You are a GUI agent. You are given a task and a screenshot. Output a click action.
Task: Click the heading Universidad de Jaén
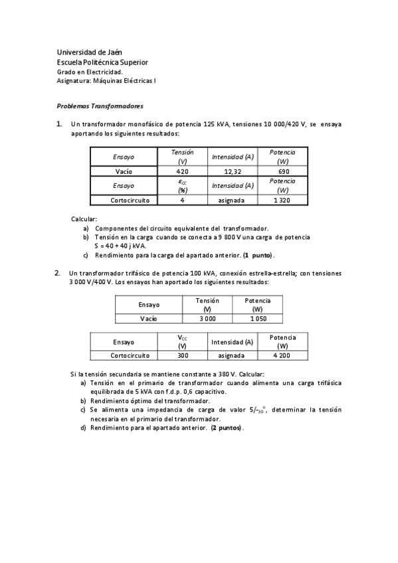coord(90,52)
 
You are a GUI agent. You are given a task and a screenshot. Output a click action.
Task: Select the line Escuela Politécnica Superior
coord(102,62)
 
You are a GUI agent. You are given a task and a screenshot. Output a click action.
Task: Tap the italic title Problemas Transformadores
coord(100,106)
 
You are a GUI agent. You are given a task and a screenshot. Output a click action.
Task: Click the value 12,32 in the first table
coord(232,171)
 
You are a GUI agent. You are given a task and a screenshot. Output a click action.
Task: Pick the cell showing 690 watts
coord(283,171)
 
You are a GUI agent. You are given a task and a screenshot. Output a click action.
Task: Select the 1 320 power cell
coord(283,199)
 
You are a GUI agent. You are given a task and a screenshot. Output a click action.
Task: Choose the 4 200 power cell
coord(283,355)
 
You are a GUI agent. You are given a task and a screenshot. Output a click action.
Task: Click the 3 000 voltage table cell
coord(207,318)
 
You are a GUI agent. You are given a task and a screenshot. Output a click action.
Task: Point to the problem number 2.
coord(58,272)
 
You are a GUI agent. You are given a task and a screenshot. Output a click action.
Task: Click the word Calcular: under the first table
coord(84,218)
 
